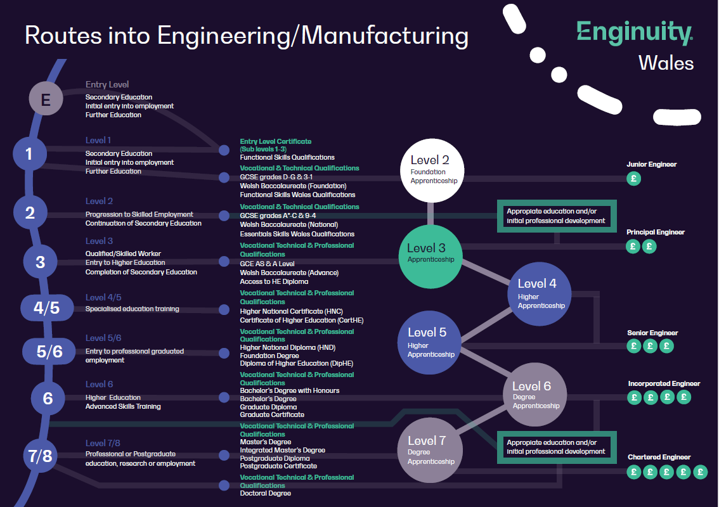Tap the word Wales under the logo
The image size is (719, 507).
(666, 63)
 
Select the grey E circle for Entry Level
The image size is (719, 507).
(46, 99)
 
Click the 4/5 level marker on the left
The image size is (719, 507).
(46, 308)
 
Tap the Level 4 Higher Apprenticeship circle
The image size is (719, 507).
(540, 293)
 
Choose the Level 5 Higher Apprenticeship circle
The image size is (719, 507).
(430, 342)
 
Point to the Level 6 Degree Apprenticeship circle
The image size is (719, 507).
(535, 395)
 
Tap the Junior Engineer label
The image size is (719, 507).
(652, 164)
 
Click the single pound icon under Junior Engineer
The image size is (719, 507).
(633, 179)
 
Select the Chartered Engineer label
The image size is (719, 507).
(659, 457)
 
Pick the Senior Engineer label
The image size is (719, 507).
(652, 333)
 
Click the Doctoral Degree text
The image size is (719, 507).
(265, 493)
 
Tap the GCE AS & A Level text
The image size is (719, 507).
(267, 264)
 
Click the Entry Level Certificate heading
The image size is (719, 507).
(275, 141)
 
